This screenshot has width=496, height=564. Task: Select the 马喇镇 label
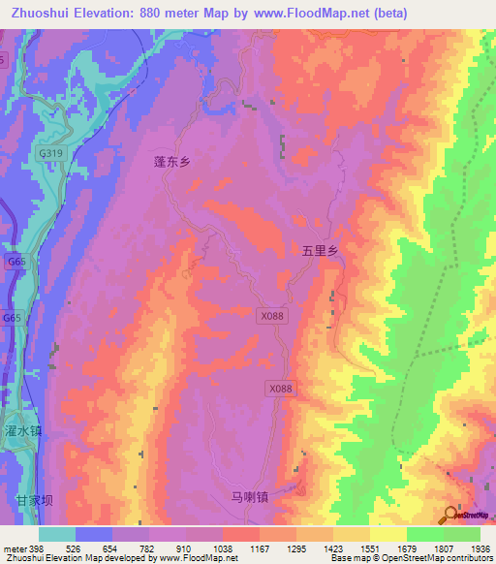click(248, 496)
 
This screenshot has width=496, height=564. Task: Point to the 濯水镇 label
click(22, 429)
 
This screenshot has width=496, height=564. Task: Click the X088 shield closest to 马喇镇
click(279, 388)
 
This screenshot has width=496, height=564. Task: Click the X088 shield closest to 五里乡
click(272, 316)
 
